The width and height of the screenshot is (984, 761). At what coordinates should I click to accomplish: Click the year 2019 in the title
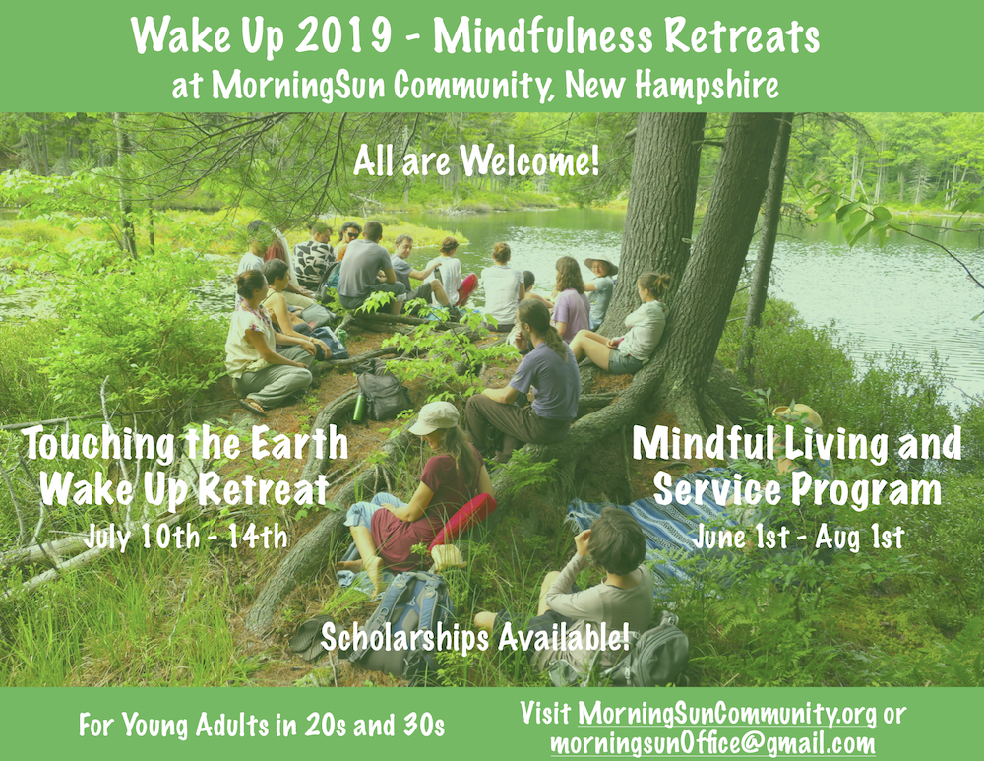pyautogui.click(x=342, y=35)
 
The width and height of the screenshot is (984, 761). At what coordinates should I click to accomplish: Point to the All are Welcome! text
pyautogui.click(x=476, y=160)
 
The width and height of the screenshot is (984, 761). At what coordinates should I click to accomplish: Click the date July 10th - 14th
pyautogui.click(x=186, y=537)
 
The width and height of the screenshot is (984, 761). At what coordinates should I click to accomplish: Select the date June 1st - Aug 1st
pyautogui.click(x=798, y=537)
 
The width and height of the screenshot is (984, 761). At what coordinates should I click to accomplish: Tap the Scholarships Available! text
pyautogui.click(x=475, y=638)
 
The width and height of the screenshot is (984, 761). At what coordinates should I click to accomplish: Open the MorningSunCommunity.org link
pyautogui.click(x=727, y=714)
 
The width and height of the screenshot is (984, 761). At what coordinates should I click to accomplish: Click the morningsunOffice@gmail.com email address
pyautogui.click(x=712, y=744)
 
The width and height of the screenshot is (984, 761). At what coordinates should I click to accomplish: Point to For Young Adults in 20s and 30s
pyautogui.click(x=262, y=726)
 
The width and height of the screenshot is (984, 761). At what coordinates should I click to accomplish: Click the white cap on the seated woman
pyautogui.click(x=434, y=417)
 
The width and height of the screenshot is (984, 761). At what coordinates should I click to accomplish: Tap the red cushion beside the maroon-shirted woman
pyautogui.click(x=463, y=519)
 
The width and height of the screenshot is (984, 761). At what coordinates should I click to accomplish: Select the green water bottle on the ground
pyautogui.click(x=359, y=408)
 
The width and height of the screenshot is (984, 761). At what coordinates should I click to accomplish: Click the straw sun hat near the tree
pyautogui.click(x=601, y=265)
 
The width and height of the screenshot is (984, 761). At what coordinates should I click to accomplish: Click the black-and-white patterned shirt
pyautogui.click(x=314, y=263)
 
